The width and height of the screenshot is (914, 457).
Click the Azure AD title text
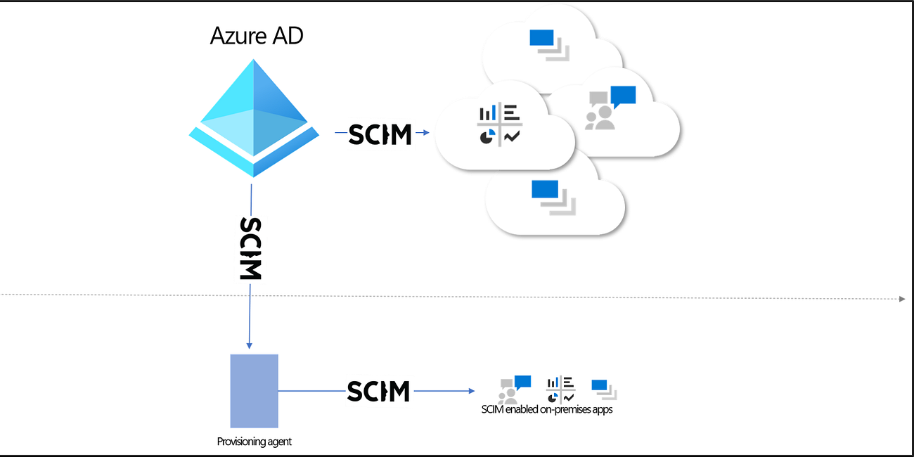257,36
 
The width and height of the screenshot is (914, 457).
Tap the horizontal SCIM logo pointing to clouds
380,133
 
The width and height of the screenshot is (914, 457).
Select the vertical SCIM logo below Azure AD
251,248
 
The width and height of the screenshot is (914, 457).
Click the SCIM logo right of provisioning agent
378,391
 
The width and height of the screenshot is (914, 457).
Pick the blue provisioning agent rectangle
254,390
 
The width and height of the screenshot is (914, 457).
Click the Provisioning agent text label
254,442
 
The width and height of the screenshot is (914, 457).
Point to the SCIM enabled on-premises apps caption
547,409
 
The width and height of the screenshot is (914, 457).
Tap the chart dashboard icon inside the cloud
499,125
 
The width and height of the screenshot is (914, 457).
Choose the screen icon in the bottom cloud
553,196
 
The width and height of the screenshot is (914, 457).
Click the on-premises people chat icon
514,390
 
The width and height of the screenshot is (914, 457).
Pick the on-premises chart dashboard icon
560,390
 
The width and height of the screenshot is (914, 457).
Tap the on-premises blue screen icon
603,390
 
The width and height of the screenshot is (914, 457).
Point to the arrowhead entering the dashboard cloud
426,132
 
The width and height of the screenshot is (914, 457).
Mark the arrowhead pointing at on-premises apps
472,391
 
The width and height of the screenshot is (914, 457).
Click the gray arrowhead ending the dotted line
902,299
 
